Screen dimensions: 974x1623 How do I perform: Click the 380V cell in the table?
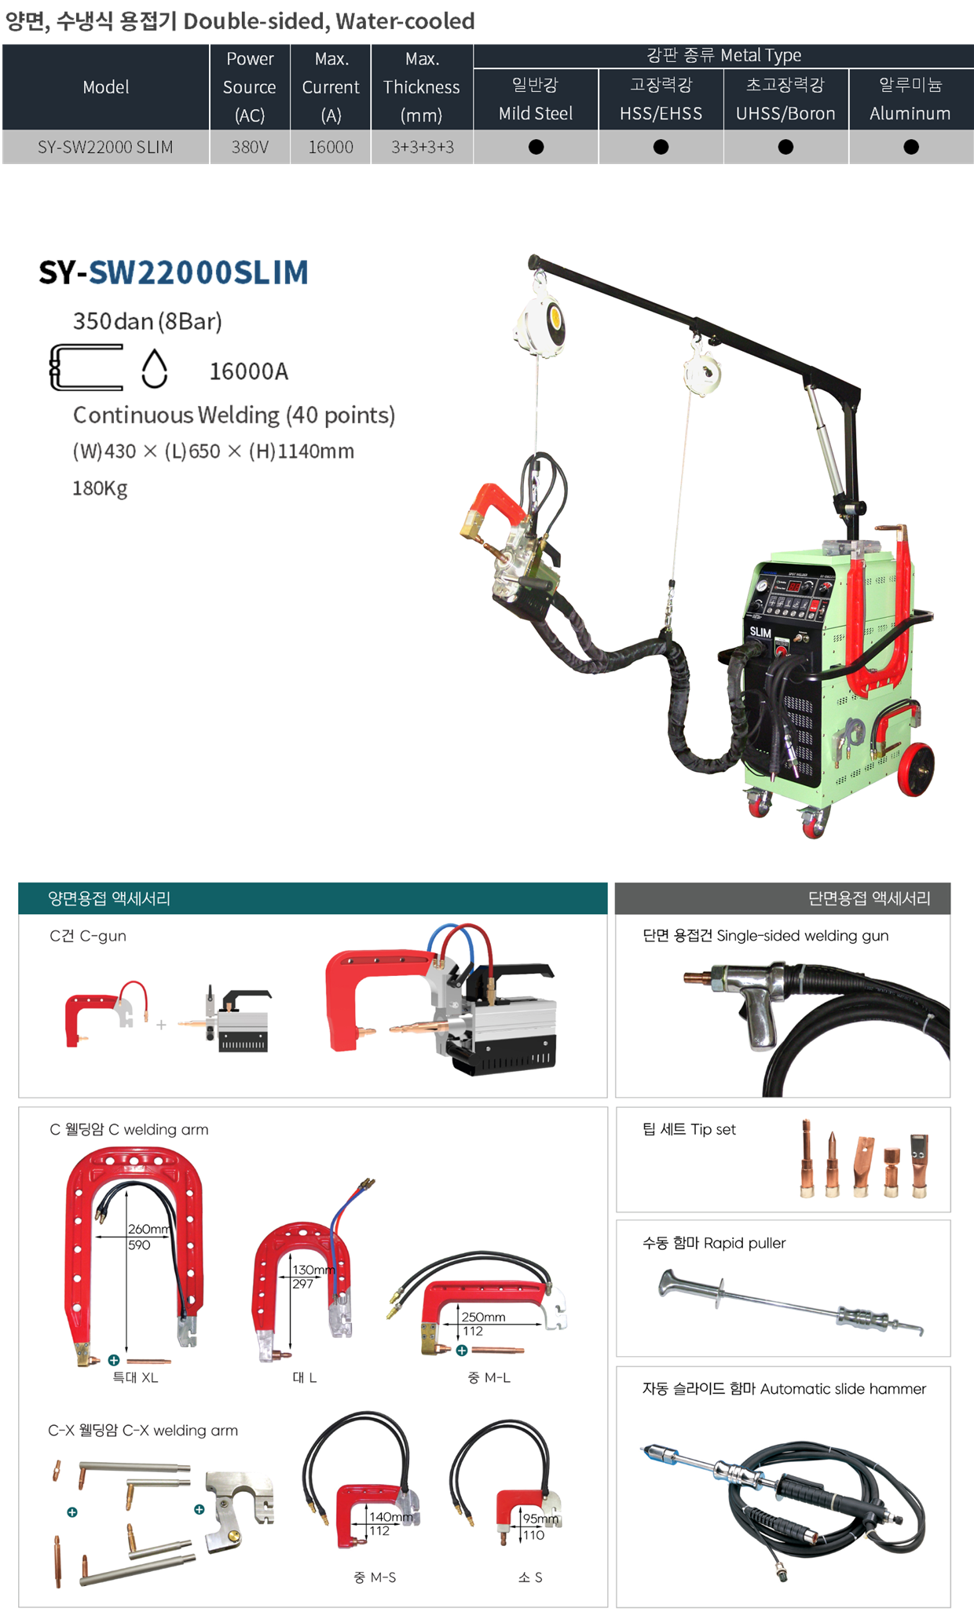[x=250, y=147]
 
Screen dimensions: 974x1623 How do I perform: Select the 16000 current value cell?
[x=331, y=147]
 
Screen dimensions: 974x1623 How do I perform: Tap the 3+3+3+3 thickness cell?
[x=422, y=147]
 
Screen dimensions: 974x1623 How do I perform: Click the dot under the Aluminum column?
[x=911, y=147]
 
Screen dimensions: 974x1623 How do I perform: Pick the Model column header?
[x=106, y=87]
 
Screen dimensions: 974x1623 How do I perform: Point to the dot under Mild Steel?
[x=536, y=147]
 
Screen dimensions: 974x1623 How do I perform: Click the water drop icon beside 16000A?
[x=155, y=368]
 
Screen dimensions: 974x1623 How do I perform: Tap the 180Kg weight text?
[x=100, y=488]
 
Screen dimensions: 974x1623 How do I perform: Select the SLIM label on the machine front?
[x=760, y=632]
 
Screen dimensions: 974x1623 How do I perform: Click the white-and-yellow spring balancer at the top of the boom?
[x=541, y=322]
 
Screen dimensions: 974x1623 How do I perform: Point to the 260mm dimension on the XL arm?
[x=148, y=1229]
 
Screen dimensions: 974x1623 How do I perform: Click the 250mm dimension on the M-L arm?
[x=483, y=1317]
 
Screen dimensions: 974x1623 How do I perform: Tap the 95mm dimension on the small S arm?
[x=540, y=1519]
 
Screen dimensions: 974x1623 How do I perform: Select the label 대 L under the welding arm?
[x=305, y=1377]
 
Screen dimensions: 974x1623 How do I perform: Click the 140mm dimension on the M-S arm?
[x=390, y=1517]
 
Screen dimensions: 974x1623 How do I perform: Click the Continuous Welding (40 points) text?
[x=234, y=415]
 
